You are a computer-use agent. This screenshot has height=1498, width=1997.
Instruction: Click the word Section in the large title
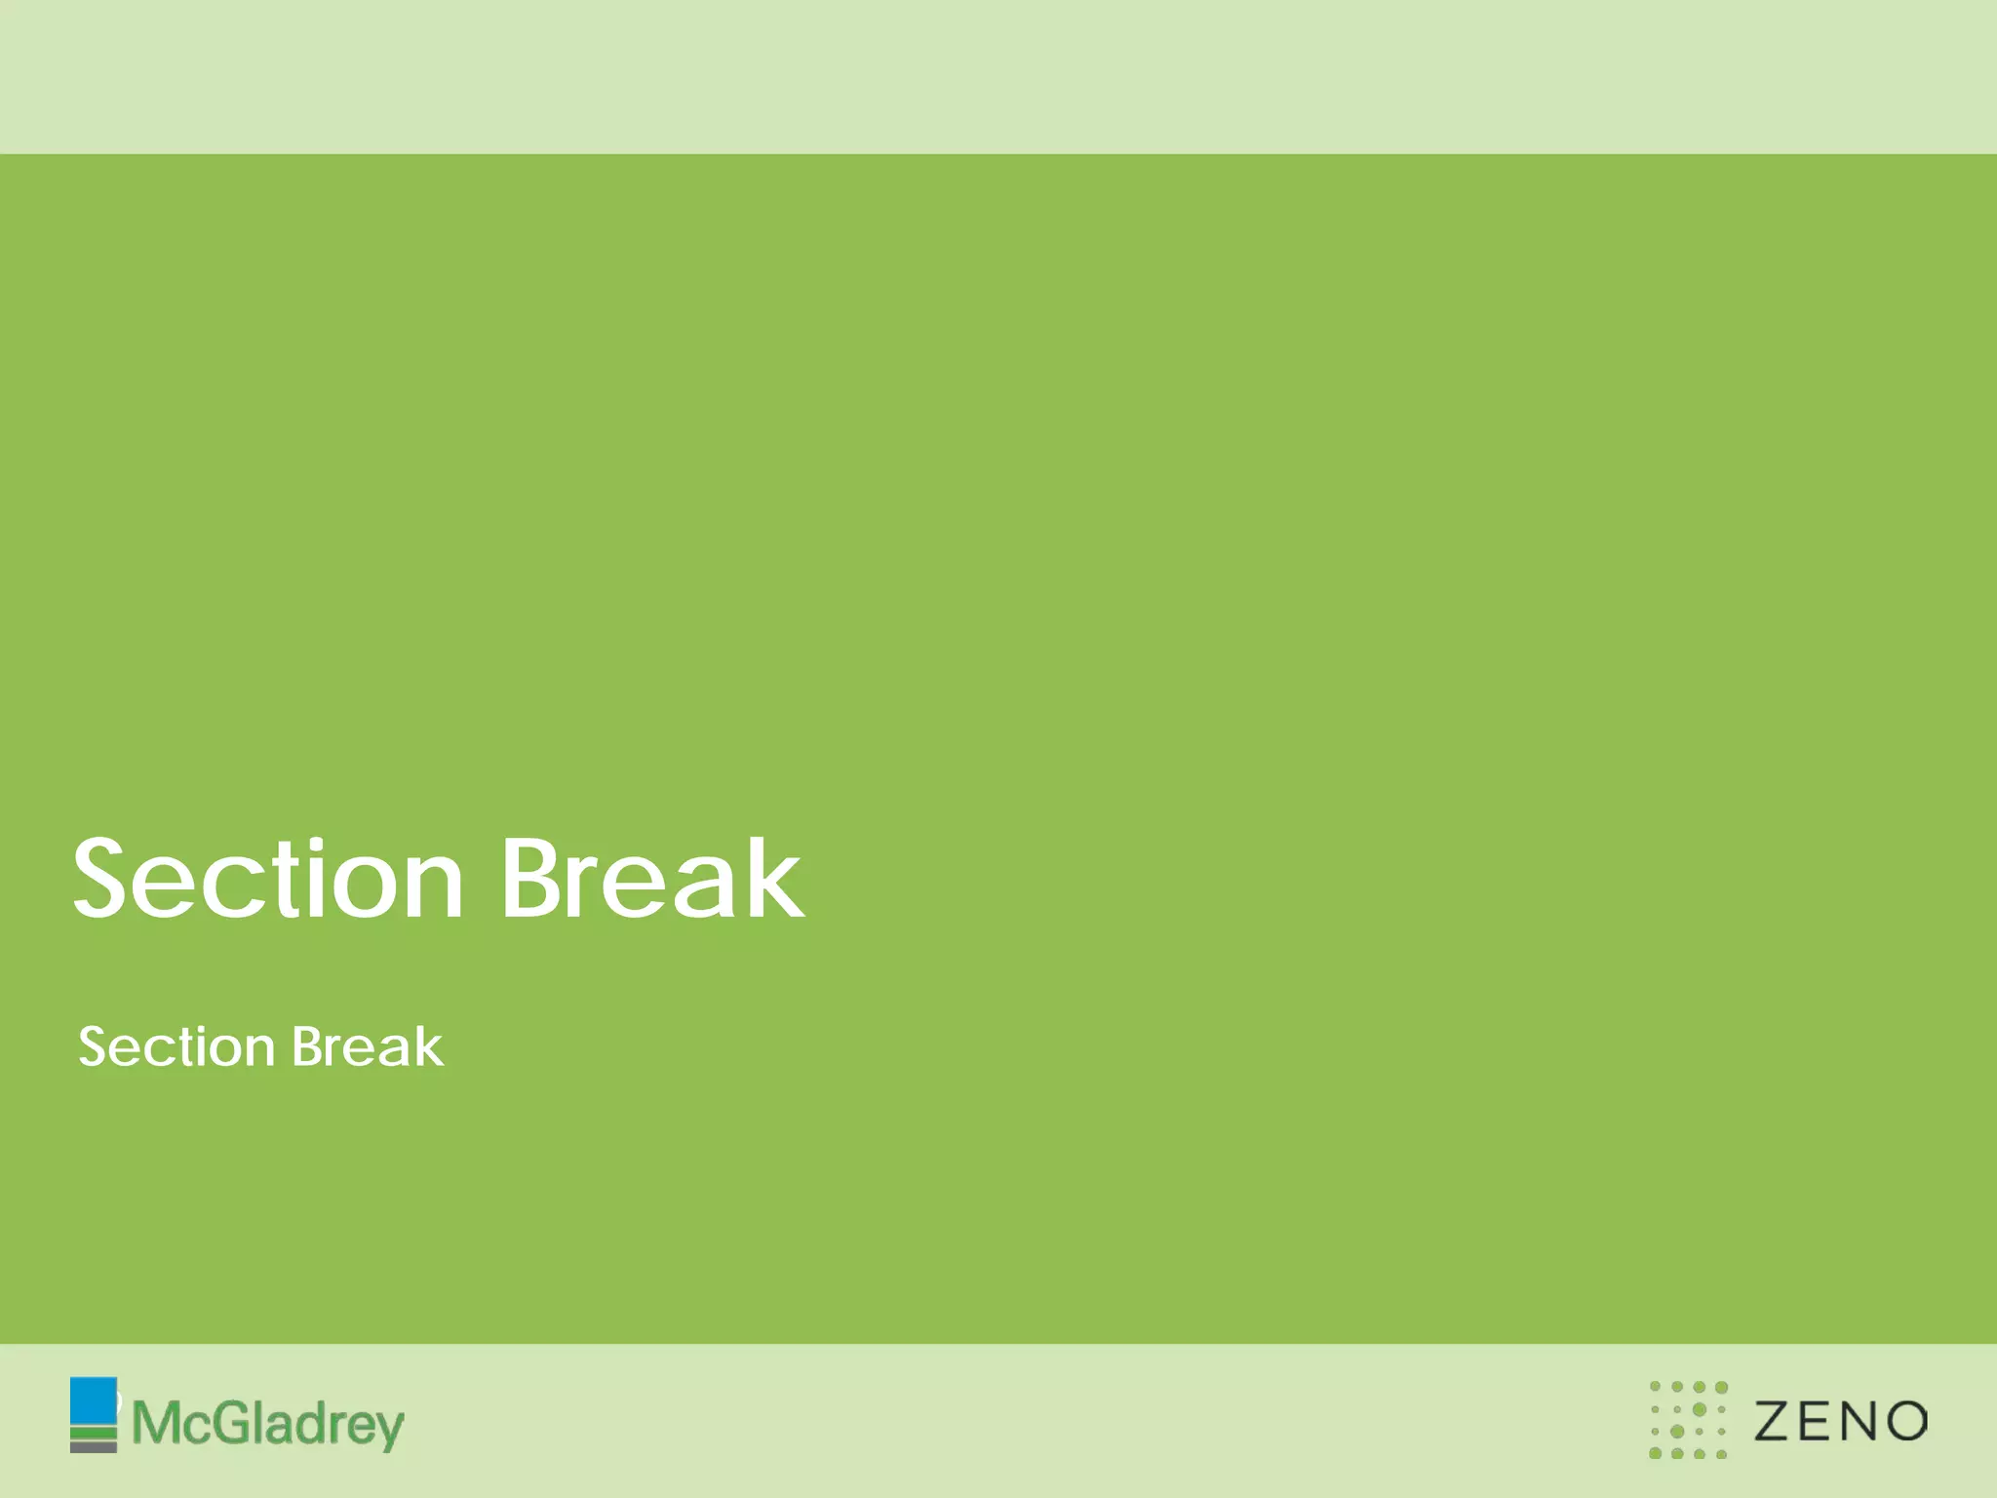[268, 880]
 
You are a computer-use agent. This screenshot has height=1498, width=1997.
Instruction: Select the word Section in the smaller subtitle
[176, 1047]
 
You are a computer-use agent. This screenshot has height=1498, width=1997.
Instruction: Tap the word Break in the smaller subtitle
[368, 1046]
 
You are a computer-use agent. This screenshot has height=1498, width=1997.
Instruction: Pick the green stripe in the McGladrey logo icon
[93, 1433]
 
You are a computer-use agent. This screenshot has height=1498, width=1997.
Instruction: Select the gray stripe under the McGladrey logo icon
[93, 1446]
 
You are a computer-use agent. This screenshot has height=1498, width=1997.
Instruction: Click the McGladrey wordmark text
[268, 1425]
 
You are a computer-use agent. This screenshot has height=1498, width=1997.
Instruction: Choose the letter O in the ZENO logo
[1905, 1421]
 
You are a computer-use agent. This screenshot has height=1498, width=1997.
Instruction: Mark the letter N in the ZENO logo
[1861, 1421]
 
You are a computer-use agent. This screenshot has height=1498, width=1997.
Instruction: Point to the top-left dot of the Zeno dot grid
[1655, 1387]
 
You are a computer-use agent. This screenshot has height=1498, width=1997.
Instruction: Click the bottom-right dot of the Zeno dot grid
[1721, 1454]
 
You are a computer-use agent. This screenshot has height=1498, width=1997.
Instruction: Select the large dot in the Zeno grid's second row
[1700, 1409]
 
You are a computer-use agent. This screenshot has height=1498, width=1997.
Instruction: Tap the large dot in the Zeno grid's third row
[1677, 1432]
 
